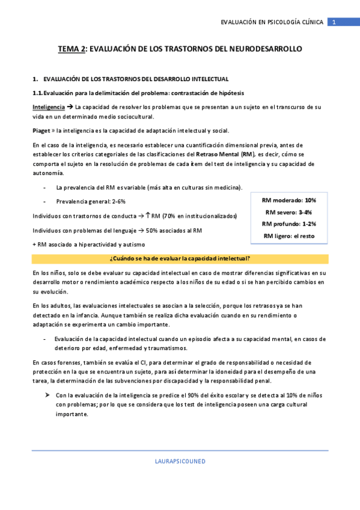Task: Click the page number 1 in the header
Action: click(334, 22)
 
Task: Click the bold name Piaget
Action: click(41, 131)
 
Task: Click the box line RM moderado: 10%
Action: click(289, 200)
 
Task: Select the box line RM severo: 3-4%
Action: click(289, 212)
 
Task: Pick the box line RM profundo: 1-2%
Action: click(289, 224)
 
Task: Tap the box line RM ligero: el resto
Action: click(289, 236)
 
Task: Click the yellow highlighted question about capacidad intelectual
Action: click(180, 259)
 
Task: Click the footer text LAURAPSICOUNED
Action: click(180, 461)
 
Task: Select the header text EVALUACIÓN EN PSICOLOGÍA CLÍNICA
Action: click(272, 22)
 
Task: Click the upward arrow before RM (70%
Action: click(148, 215)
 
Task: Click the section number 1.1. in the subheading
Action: click(38, 93)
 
